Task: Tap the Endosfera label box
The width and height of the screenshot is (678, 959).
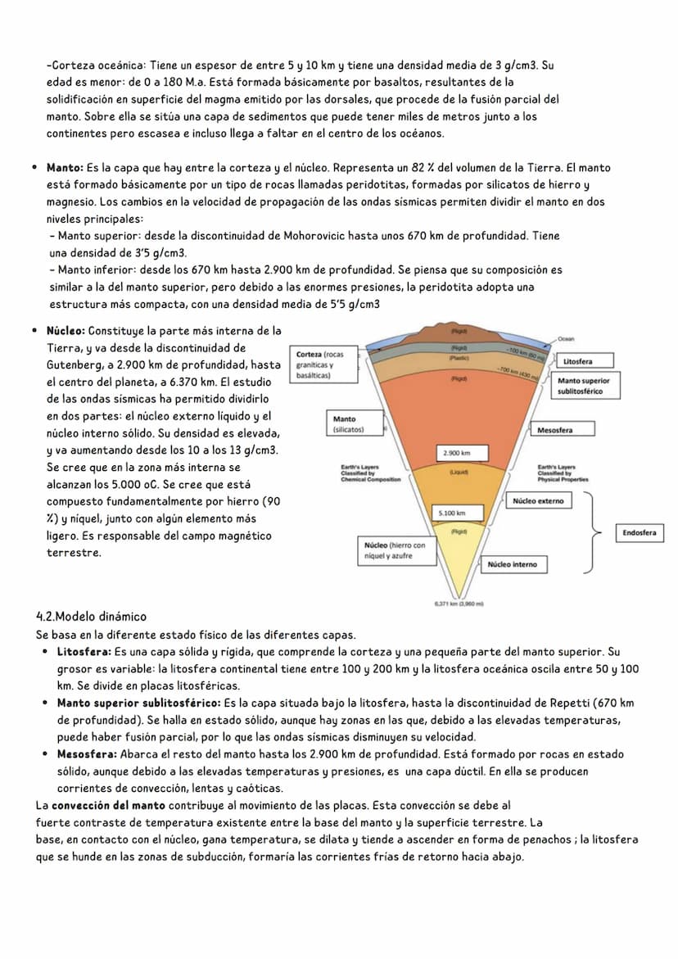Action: coord(639,533)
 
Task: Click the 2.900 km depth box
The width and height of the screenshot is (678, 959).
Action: coord(461,453)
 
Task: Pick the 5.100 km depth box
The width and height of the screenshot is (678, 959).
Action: coord(457,513)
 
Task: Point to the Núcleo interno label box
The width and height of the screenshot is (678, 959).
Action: coord(513,564)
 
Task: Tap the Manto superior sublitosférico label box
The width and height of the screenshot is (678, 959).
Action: coord(586,386)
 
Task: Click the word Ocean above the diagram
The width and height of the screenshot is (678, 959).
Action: coord(566,338)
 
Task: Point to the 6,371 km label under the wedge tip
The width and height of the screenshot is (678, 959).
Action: coord(459,604)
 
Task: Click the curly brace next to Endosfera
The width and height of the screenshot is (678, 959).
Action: coord(593,532)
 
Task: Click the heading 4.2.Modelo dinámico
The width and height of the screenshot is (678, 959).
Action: coord(91,617)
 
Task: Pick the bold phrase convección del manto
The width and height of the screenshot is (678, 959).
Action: coord(108,805)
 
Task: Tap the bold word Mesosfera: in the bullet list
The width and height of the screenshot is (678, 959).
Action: coord(88,754)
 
